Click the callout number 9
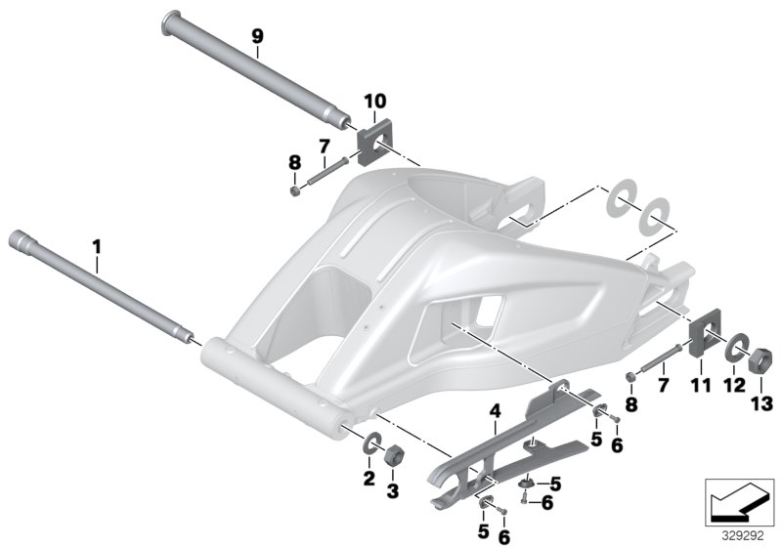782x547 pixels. click(x=257, y=36)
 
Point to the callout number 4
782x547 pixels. click(x=496, y=413)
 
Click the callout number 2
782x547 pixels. click(x=369, y=478)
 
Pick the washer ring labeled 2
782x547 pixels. click(x=371, y=445)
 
